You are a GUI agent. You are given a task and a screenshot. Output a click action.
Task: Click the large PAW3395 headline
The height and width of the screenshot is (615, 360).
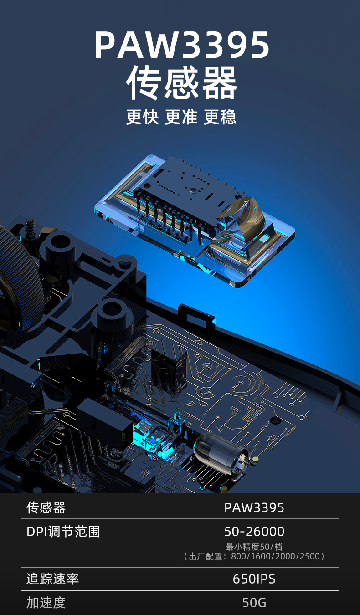(181, 45)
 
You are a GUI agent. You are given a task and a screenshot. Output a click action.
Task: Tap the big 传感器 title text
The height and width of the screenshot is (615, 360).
(181, 82)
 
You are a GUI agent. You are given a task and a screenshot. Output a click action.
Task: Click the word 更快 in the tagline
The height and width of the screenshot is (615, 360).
(142, 117)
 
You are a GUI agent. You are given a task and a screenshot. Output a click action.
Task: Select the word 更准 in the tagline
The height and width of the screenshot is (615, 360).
(181, 117)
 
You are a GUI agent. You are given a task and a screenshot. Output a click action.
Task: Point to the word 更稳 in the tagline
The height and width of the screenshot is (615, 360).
(220, 117)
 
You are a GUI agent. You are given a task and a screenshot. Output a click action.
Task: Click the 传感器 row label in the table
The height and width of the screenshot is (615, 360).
(46, 507)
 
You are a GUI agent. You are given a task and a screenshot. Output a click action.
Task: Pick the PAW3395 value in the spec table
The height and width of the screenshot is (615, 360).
(254, 508)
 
